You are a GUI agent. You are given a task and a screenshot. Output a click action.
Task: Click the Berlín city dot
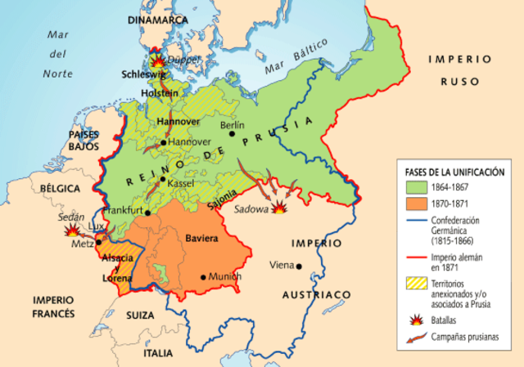[x=233, y=134]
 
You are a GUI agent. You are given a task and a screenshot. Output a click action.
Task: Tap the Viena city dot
[x=300, y=266]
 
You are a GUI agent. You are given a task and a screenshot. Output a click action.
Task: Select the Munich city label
[x=226, y=277]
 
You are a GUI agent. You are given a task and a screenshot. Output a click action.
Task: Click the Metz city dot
[x=98, y=242]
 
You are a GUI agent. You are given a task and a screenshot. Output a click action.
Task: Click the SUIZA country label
[x=140, y=314]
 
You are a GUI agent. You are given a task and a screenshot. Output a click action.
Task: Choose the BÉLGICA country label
[x=56, y=188]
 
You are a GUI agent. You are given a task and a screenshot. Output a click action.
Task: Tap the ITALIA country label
[x=156, y=353]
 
